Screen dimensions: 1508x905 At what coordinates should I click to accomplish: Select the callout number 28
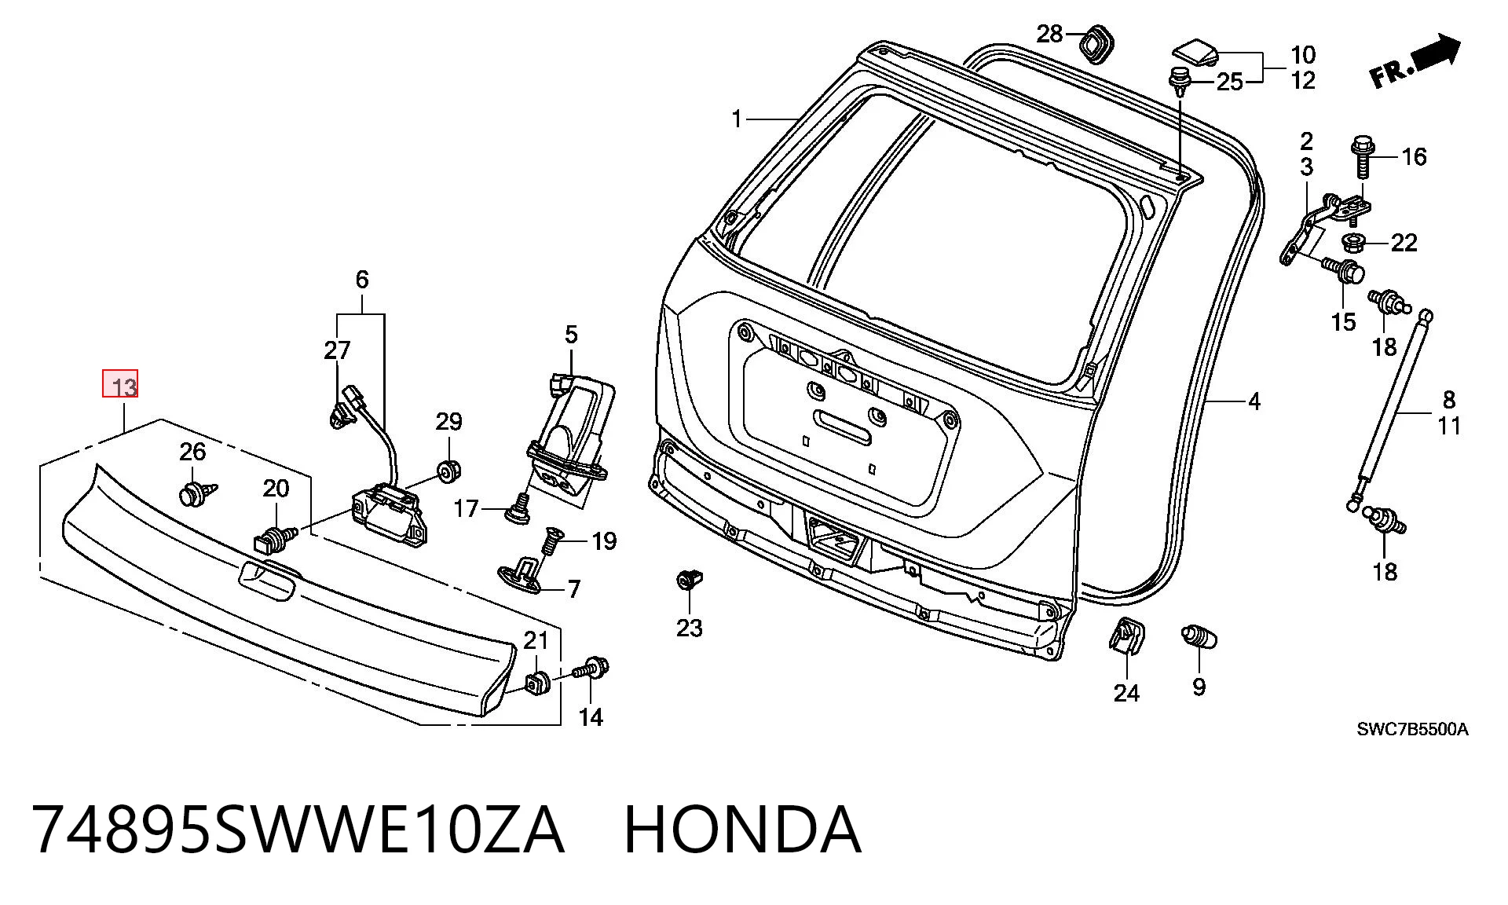[x=1049, y=34]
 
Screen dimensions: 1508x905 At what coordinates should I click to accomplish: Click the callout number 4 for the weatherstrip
[x=1254, y=402]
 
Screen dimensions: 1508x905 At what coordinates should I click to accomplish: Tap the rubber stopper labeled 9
[x=1199, y=636]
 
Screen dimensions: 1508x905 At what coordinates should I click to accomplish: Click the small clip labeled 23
[x=689, y=582]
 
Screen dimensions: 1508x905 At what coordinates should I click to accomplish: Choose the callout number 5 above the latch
[x=571, y=335]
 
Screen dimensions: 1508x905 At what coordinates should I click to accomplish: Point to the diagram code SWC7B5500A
[x=1412, y=730]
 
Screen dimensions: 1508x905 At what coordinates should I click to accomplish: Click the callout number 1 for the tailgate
[x=736, y=119]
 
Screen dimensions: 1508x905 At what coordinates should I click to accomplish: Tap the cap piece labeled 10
[x=1194, y=53]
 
